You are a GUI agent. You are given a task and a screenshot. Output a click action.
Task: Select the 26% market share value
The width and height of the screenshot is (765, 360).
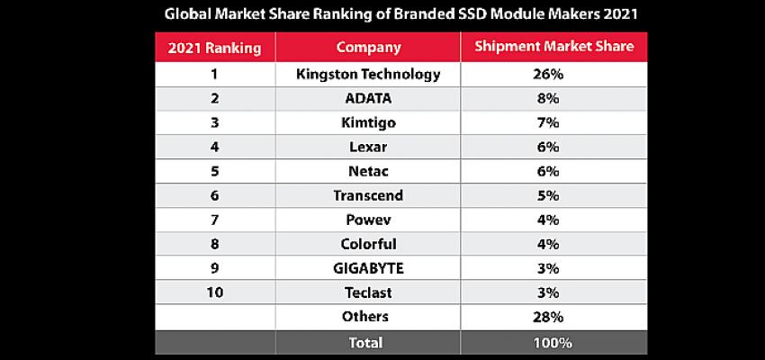547,74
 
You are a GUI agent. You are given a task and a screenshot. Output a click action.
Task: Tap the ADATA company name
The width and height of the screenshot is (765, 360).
368,98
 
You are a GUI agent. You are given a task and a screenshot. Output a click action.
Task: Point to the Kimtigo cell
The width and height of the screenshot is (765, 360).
368,122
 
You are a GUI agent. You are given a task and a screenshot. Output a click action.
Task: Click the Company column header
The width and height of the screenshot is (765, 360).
368,47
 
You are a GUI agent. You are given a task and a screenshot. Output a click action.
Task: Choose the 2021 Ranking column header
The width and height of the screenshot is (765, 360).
214,47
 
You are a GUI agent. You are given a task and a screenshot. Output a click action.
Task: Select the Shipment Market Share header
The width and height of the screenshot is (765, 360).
547,47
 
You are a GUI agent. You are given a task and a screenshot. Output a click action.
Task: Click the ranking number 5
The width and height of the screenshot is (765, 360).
214,171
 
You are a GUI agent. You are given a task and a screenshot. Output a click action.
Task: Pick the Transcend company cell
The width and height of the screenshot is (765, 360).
368,195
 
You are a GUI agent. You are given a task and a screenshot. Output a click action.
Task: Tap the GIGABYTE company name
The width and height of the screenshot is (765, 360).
368,268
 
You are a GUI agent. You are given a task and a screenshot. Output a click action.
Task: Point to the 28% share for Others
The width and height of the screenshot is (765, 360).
547,316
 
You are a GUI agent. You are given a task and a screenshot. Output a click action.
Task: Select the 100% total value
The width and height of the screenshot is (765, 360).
547,342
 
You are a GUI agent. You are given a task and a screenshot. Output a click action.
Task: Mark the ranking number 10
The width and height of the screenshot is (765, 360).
214,292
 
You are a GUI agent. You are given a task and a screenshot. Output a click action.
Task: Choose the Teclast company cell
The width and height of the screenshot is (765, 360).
368,292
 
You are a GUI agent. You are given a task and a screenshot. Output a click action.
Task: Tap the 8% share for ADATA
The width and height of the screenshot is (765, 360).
547,98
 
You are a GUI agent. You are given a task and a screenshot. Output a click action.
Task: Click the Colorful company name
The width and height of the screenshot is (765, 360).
368,244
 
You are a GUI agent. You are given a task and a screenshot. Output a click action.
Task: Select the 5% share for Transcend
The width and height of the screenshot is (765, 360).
547,195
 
